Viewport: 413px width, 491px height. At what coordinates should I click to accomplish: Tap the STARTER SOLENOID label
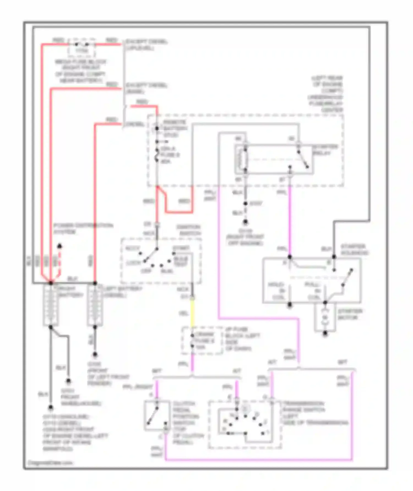click(x=354, y=249)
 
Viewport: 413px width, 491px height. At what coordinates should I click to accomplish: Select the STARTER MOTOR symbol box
click(x=325, y=318)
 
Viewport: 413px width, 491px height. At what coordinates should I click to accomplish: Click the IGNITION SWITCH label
click(x=189, y=230)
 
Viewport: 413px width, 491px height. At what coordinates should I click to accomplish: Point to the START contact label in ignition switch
click(x=181, y=248)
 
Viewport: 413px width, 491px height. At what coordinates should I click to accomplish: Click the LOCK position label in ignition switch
click(x=133, y=263)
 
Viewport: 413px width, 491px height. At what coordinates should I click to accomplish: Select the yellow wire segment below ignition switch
click(x=192, y=313)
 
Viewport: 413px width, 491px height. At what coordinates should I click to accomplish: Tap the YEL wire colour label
click(x=183, y=313)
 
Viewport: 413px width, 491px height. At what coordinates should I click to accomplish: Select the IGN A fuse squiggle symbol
click(x=157, y=155)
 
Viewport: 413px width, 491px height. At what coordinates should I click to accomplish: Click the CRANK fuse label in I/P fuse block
click(x=205, y=341)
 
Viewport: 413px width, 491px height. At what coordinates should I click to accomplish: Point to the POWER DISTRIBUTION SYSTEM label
click(x=83, y=228)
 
